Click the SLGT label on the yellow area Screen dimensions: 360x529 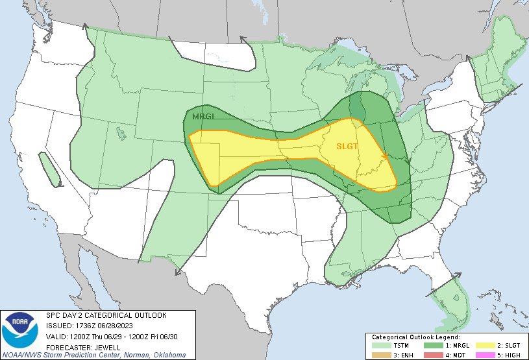coord(347,147)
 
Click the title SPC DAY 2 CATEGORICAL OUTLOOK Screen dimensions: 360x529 coord(106,315)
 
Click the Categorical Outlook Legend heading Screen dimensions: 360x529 coord(415,337)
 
